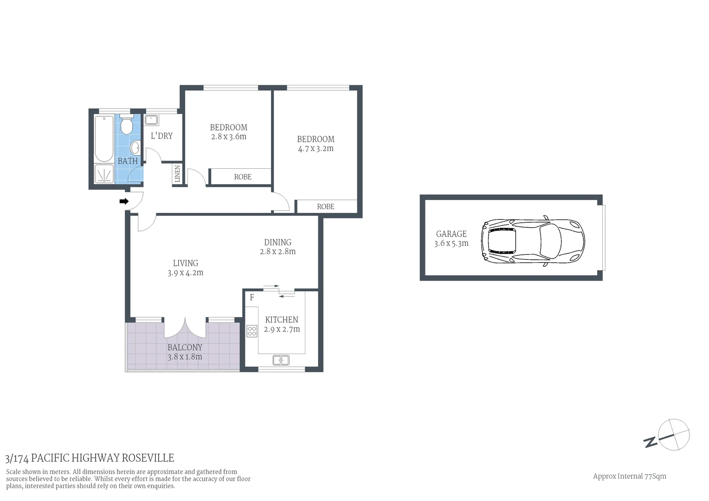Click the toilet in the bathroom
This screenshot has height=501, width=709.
click(126, 124)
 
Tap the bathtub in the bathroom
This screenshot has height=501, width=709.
click(103, 138)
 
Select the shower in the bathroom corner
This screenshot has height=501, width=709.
click(103, 174)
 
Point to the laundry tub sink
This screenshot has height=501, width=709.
click(152, 120)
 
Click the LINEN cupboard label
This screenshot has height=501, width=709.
click(177, 174)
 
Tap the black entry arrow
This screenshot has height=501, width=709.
click(124, 201)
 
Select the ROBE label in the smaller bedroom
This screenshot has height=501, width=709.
click(243, 177)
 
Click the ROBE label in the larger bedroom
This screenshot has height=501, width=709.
click(325, 206)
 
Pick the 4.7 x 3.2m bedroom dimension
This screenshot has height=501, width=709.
click(316, 149)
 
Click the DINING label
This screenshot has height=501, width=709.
click(277, 242)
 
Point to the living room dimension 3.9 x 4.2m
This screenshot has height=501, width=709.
click(185, 273)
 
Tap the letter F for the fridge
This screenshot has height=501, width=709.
click(252, 297)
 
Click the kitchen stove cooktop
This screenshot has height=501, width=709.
click(252, 331)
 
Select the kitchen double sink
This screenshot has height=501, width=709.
click(281, 360)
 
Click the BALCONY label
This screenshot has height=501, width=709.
click(185, 347)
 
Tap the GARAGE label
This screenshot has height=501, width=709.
click(451, 234)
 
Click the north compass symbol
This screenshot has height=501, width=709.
click(673, 435)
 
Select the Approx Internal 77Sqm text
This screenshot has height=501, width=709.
click(629, 476)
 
